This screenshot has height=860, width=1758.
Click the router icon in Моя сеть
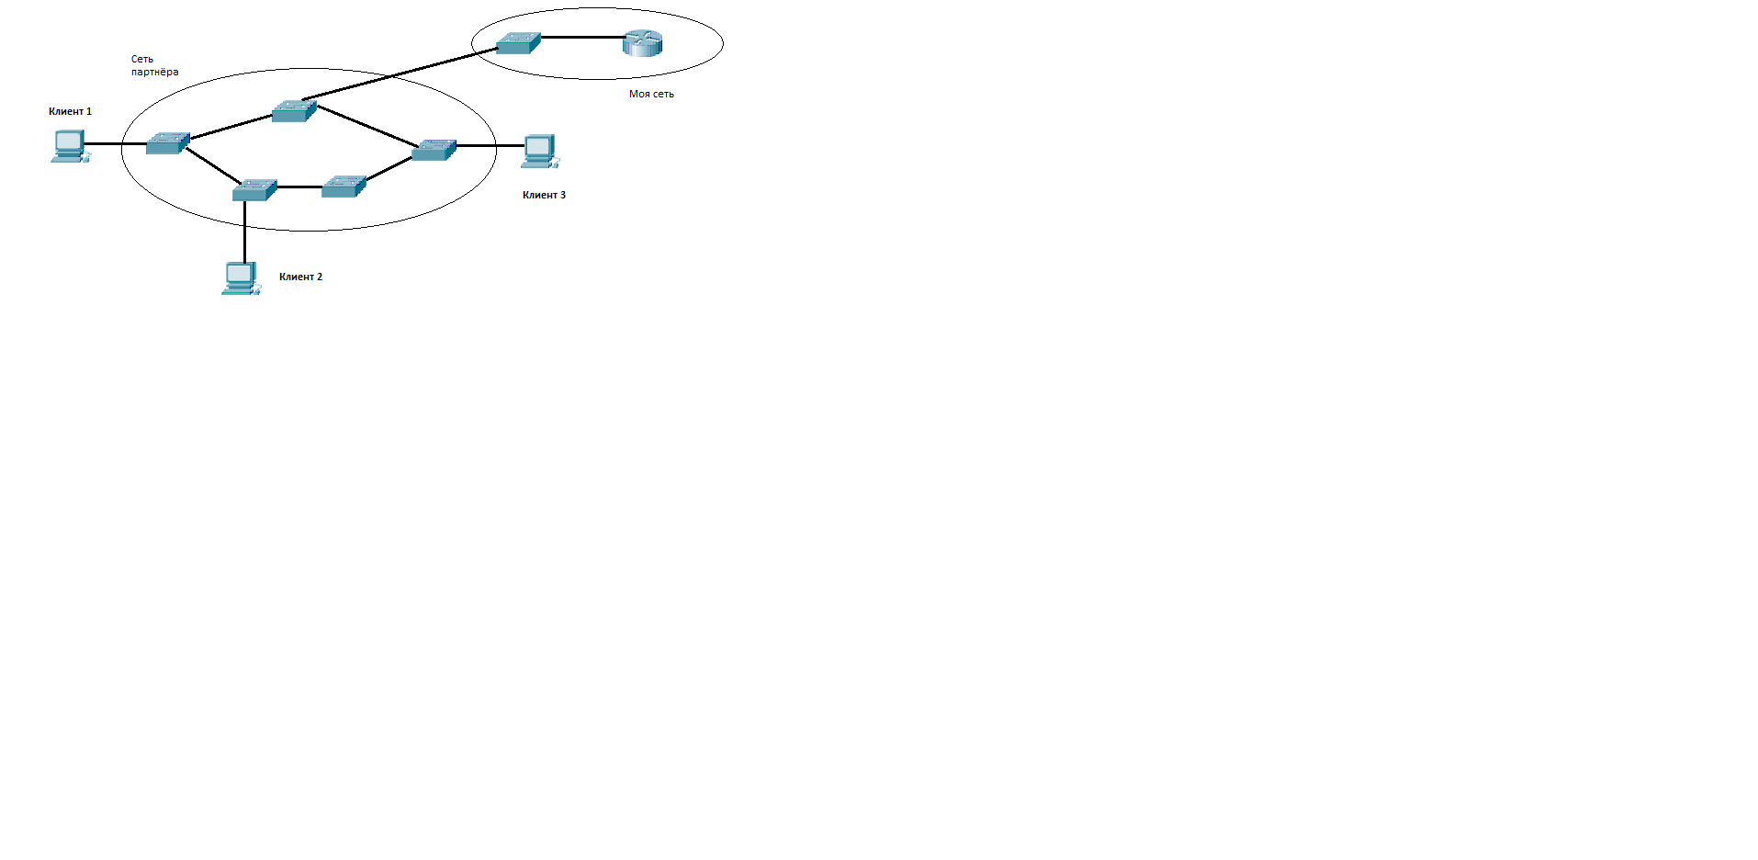click(x=642, y=42)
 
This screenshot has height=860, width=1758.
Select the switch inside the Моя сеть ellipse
click(x=518, y=43)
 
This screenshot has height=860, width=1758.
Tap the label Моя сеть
click(x=651, y=94)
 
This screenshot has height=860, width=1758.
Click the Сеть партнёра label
click(x=154, y=65)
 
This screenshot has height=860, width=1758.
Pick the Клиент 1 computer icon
click(x=70, y=146)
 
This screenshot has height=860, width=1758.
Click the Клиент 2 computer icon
click(x=241, y=278)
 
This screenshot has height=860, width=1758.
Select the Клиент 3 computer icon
click(x=540, y=152)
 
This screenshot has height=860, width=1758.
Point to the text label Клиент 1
click(x=70, y=111)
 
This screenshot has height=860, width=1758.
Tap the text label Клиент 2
click(x=300, y=277)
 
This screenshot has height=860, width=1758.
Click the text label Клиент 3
click(x=544, y=195)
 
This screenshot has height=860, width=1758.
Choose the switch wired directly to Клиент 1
click(x=168, y=142)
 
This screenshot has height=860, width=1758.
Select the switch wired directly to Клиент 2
click(x=254, y=189)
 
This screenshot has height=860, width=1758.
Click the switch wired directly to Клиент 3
click(x=434, y=149)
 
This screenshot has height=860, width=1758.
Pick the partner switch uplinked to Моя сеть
click(x=294, y=111)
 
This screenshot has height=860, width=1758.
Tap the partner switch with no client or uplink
click(x=344, y=186)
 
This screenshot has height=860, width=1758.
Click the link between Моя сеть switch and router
click(x=582, y=38)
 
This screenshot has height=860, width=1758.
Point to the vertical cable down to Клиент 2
click(x=244, y=232)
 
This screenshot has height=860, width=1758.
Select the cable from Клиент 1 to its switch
click(x=116, y=144)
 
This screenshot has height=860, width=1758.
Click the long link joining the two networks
click(x=400, y=74)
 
